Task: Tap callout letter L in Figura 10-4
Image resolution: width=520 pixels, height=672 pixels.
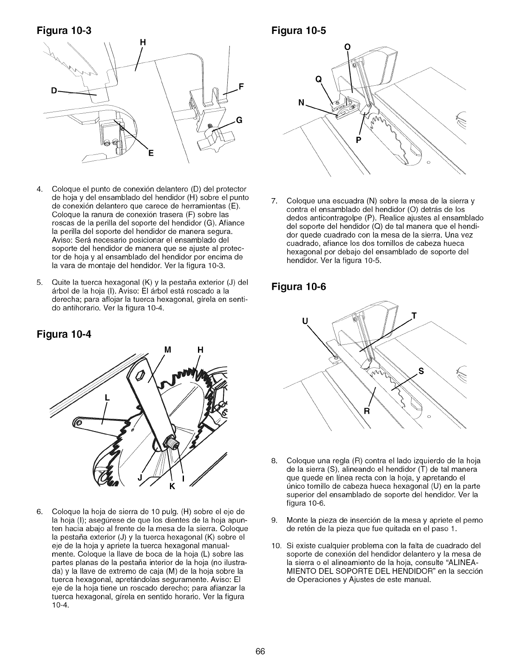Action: coord(107,398)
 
